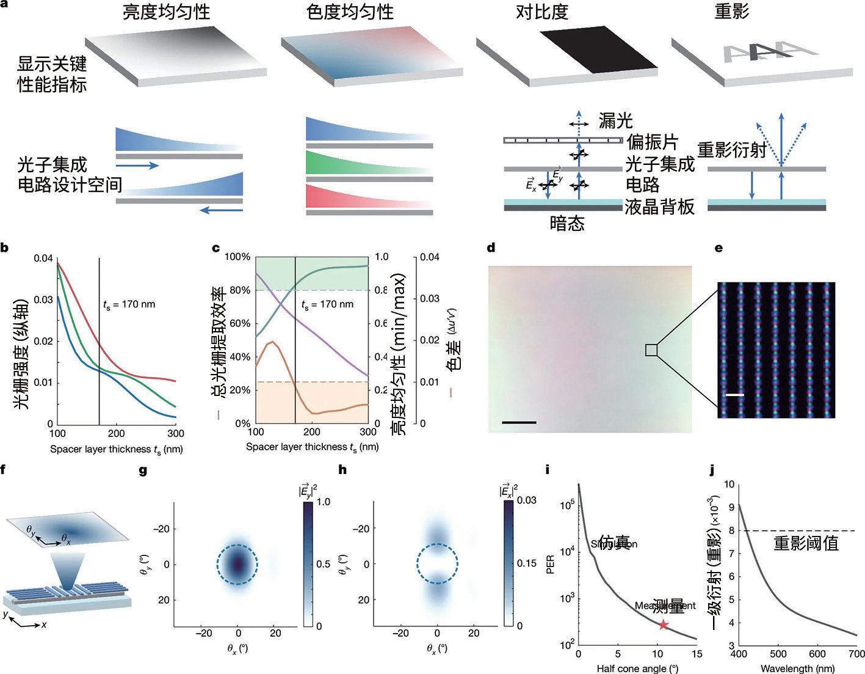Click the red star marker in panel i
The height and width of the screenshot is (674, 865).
(664, 625)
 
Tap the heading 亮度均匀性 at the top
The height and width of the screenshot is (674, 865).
(167, 12)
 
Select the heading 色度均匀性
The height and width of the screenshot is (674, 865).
(350, 12)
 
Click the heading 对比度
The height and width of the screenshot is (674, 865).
(542, 12)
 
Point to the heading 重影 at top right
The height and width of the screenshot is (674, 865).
(732, 12)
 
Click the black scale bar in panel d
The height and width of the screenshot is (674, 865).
(519, 422)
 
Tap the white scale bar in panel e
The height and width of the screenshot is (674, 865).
(735, 395)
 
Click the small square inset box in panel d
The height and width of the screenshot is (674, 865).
(651, 350)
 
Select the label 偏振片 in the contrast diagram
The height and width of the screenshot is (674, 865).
(652, 142)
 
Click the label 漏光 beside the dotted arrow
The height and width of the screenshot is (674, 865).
(615, 120)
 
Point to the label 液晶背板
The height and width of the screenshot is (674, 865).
(659, 207)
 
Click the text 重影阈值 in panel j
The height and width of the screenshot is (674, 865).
(806, 543)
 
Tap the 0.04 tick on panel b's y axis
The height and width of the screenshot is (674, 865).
(43, 258)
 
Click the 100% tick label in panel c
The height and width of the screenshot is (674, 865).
(237, 257)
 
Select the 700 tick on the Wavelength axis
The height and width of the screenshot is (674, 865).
(856, 654)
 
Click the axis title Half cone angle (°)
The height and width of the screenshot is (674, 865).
(637, 669)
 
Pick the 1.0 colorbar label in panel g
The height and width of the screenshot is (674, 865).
(323, 502)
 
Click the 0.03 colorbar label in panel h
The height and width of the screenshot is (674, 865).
(527, 500)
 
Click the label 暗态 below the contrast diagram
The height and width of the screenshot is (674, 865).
(567, 224)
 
